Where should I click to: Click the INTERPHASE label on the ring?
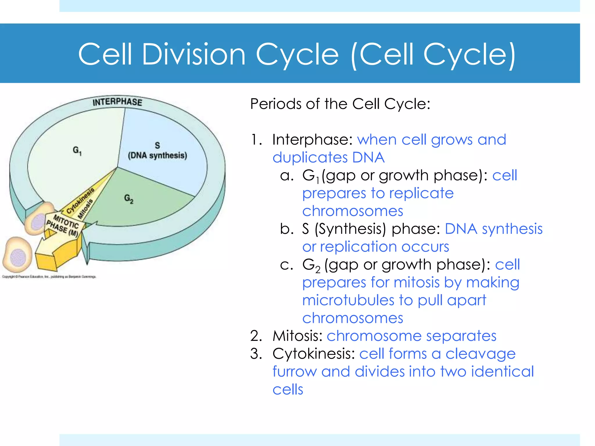117,102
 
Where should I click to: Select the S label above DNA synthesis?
157,145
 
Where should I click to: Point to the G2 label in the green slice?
129,199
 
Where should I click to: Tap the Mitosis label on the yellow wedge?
85,209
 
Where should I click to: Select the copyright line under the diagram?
49,277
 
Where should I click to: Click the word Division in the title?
194,54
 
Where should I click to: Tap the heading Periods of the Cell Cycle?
340,104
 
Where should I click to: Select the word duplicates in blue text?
310,158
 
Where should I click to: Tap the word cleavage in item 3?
480,354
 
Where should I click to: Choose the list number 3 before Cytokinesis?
255,354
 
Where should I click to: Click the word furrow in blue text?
294,372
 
